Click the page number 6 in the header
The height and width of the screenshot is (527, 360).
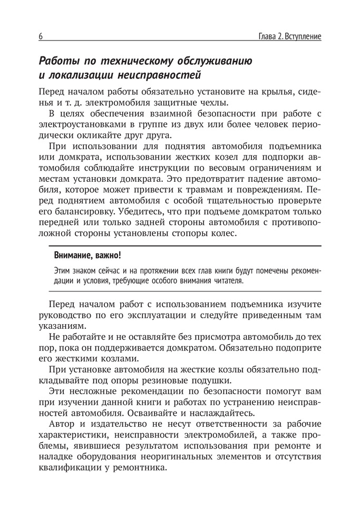[41, 37]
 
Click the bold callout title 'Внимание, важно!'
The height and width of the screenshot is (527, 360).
[87, 256]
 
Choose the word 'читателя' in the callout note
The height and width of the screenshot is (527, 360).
[228, 281]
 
